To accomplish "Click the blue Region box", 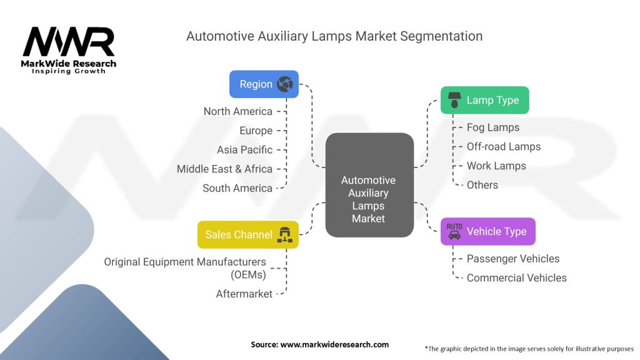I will [264, 84].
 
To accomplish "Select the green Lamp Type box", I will [484, 100].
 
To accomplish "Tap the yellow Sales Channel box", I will [247, 235].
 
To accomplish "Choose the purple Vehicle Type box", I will [487, 231].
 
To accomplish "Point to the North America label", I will [237, 111].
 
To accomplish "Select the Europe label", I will [256, 131].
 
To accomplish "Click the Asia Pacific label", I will [244, 150].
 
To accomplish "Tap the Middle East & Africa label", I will [224, 169].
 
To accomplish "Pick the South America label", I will [237, 188].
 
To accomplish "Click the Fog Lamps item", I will [493, 127].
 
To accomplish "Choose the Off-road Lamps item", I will [504, 147].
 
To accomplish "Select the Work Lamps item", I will [496, 166].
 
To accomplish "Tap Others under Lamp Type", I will [482, 185].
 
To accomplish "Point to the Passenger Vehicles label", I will [513, 259].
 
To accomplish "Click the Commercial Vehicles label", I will [517, 278].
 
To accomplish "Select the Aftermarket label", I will [244, 294].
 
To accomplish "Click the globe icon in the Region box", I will [285, 84].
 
